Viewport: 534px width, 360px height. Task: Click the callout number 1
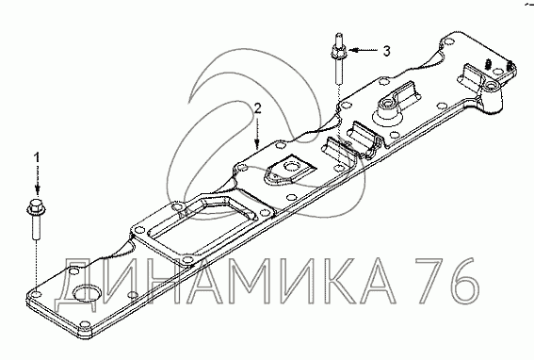[x=37, y=157]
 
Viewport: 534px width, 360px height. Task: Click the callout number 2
[x=258, y=108]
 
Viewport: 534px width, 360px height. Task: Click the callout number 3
[x=386, y=51]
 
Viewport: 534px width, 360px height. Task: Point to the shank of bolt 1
[x=37, y=228]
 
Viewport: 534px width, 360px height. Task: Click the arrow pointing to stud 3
[x=364, y=51]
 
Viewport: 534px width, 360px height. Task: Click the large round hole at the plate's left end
[x=88, y=293]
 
